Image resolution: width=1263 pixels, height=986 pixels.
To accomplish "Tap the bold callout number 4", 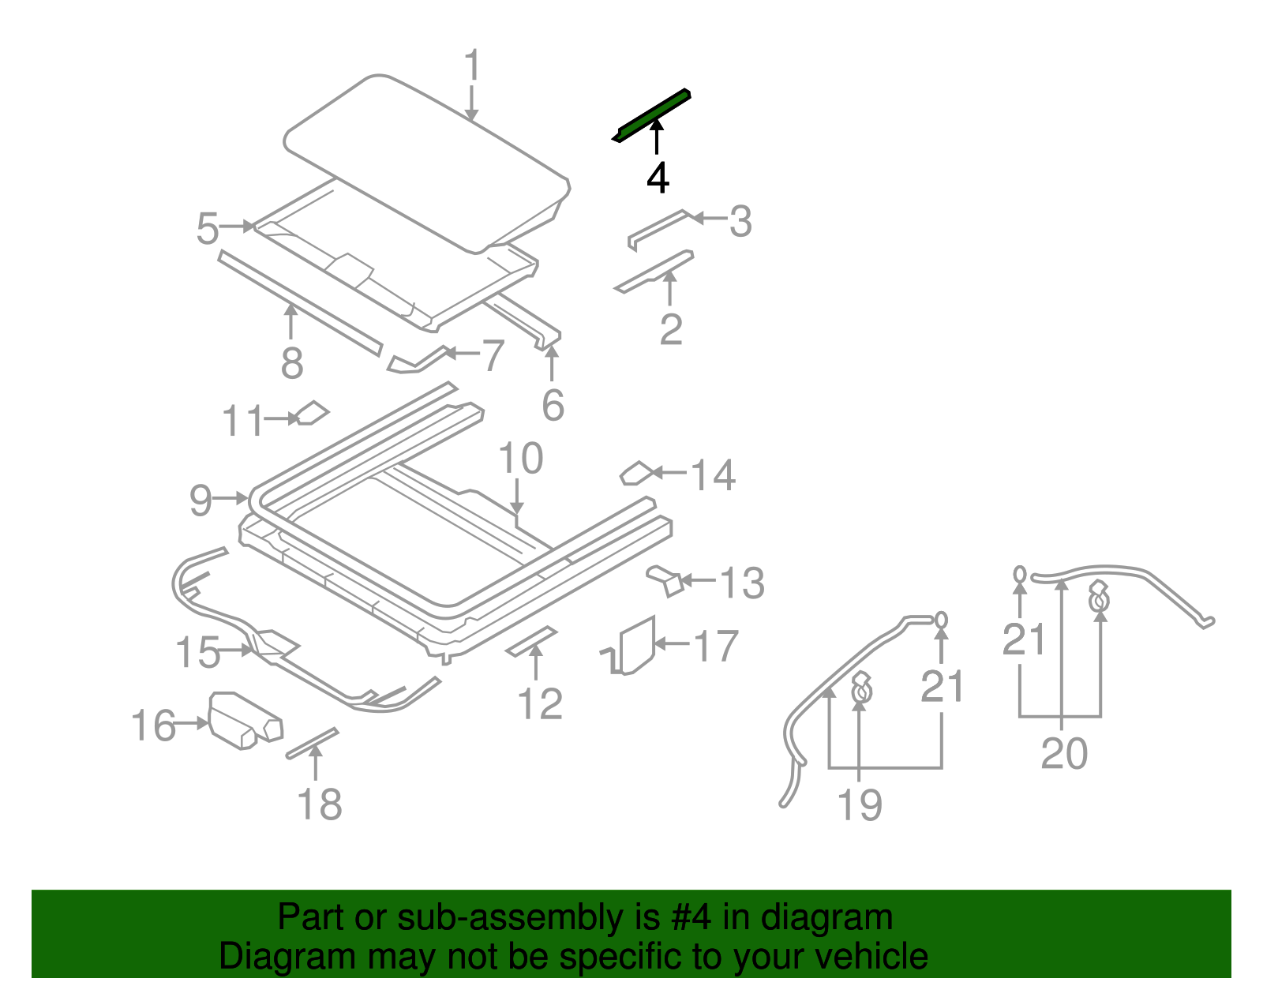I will pos(658,178).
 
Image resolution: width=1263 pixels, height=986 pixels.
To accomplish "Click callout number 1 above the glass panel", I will pos(472,66).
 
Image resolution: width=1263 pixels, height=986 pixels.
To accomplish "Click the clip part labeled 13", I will pos(667,580).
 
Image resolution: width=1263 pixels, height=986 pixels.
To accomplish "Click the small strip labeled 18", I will pos(312,743).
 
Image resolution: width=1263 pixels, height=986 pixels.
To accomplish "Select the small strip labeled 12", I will pos(531,641).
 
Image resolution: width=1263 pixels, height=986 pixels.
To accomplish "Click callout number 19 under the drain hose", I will pos(859,805).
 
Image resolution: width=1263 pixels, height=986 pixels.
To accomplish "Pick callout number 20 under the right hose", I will pos(1064,753).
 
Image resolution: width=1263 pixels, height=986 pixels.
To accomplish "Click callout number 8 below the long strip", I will pos(292,363).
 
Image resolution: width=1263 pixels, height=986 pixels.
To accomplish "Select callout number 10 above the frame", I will pos(521,459).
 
